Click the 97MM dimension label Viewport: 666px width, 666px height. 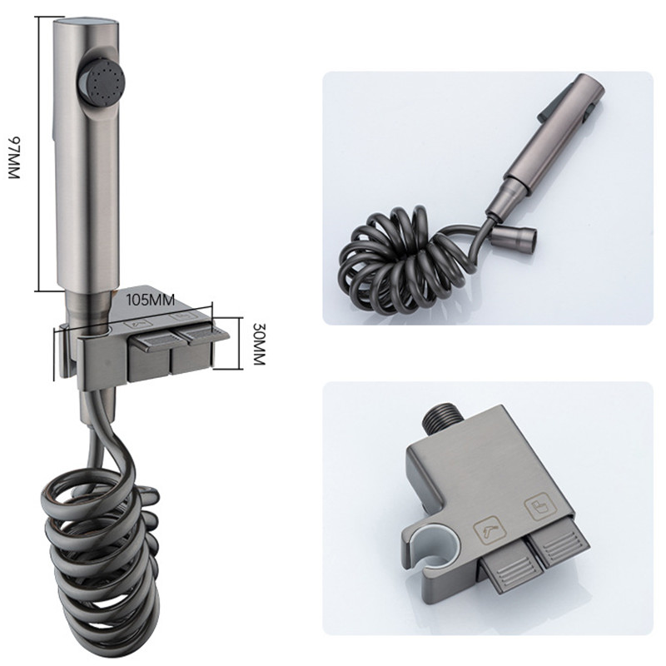tap(13, 157)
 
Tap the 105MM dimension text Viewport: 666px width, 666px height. tap(151, 300)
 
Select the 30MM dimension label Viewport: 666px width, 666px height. tap(258, 344)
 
